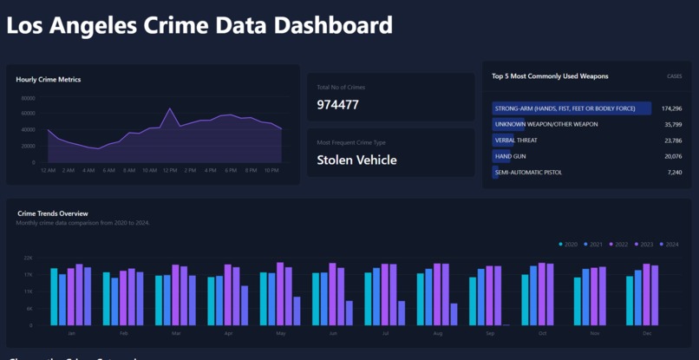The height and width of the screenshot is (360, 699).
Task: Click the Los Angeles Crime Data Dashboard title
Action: [199, 26]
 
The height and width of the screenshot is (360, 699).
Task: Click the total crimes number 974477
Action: [337, 105]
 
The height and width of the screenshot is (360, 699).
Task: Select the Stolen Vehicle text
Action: [356, 160]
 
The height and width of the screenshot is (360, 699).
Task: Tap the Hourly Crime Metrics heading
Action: [49, 80]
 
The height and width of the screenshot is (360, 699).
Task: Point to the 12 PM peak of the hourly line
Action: [170, 109]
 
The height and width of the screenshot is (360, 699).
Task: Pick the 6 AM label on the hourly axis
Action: [108, 170]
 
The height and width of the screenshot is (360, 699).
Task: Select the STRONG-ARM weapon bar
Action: [571, 108]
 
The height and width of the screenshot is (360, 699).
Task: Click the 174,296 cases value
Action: [670, 108]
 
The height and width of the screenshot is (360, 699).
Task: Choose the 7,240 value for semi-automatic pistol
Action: [674, 173]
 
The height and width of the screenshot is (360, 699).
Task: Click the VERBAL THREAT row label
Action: [515, 141]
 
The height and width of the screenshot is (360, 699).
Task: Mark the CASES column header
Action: [674, 76]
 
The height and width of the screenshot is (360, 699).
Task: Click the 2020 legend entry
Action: [569, 245]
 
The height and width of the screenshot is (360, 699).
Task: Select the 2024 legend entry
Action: [669, 245]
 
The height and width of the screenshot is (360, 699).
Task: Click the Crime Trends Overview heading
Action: [53, 213]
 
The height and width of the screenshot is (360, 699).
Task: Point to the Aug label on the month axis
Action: [437, 333]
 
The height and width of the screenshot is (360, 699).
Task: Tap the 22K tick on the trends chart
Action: [28, 259]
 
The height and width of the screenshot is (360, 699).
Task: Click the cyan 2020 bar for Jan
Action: [54, 297]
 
